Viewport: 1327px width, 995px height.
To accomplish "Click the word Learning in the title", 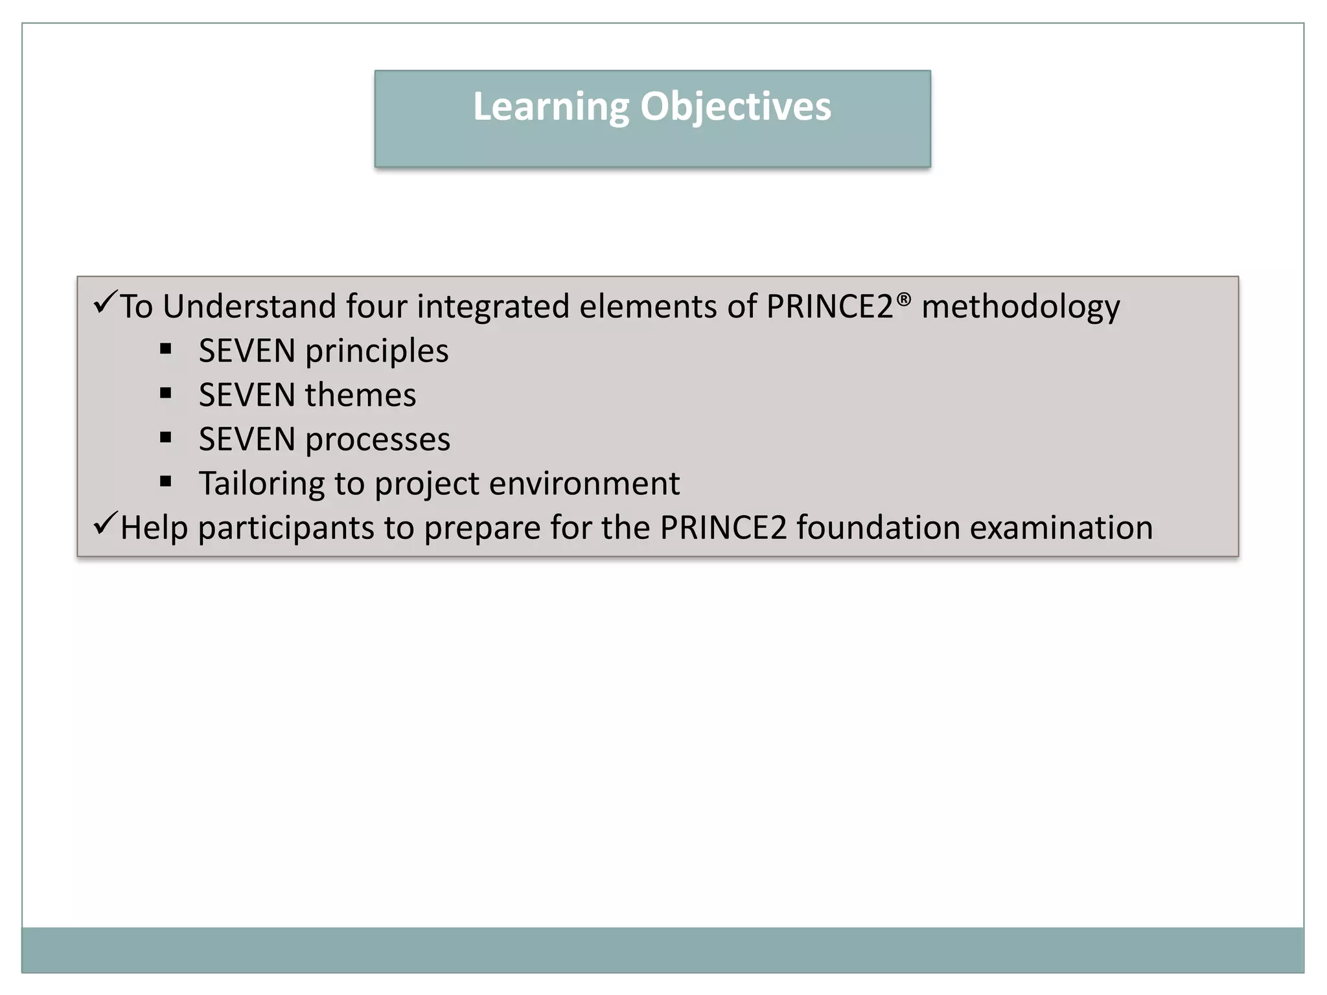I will pos(551,107).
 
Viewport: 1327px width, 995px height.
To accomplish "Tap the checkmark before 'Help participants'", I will pos(104,523).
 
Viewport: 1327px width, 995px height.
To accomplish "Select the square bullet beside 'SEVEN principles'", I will pos(166,350).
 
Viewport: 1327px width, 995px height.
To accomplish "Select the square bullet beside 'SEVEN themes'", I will pos(166,394).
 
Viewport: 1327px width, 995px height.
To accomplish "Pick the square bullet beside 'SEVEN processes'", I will pos(166,438).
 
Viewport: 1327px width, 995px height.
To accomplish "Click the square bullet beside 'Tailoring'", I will pos(166,482).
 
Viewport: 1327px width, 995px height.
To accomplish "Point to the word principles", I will pos(376,352).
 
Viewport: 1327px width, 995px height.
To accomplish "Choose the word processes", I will pos(378,440).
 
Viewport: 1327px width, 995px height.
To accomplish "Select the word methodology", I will pos(1021,307).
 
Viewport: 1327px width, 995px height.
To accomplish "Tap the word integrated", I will pos(492,307).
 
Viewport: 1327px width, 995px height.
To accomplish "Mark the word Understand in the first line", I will pos(249,306).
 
